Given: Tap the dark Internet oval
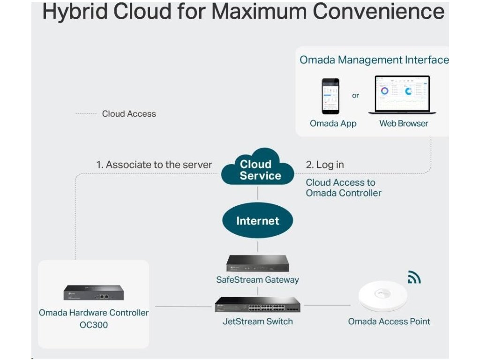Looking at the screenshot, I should pyautogui.click(x=257, y=221).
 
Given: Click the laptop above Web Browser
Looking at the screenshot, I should pyautogui.click(x=402, y=95).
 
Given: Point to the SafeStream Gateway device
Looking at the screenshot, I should pyautogui.click(x=257, y=264).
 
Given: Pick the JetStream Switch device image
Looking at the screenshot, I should pyautogui.click(x=257, y=306).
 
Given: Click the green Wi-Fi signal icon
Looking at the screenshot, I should pyautogui.click(x=414, y=277).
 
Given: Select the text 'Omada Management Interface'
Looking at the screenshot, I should pyautogui.click(x=374, y=60).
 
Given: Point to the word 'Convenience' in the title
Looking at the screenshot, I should pyautogui.click(x=379, y=11).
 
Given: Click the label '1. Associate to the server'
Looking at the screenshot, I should pyautogui.click(x=154, y=165).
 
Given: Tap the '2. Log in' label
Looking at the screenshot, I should pyautogui.click(x=325, y=165).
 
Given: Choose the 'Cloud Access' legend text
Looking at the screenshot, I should pyautogui.click(x=129, y=114).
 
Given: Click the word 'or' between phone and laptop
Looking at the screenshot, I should pyautogui.click(x=355, y=96).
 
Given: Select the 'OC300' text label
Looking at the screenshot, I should pyautogui.click(x=94, y=325).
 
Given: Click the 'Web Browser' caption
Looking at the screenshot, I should pyautogui.click(x=404, y=124).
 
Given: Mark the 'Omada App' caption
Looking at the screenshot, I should pyautogui.click(x=333, y=124).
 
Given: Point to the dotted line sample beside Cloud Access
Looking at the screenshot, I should pyautogui.click(x=86, y=114).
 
